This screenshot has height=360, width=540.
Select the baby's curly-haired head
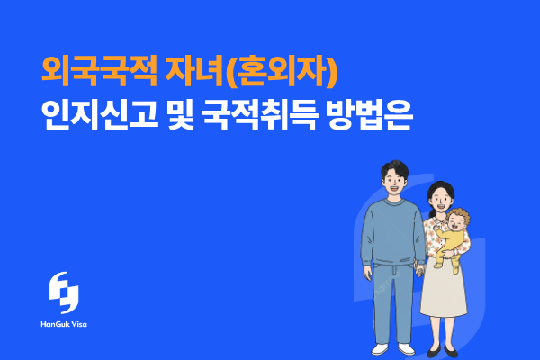pos(459,220)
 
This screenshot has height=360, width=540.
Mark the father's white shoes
pos(389,349)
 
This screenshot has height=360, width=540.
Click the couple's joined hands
pos(419,270)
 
